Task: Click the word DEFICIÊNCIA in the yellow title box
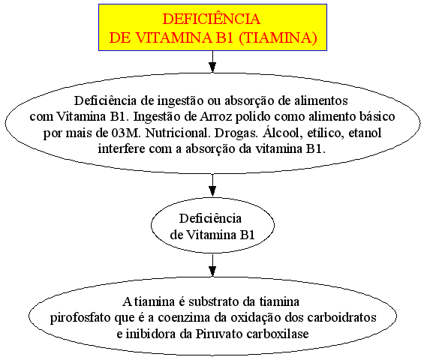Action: pyautogui.click(x=212, y=19)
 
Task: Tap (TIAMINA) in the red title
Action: pyautogui.click(x=278, y=37)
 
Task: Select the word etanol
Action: pyautogui.click(x=365, y=133)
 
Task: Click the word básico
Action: pyautogui.click(x=377, y=116)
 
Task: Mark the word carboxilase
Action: pyautogui.click(x=278, y=334)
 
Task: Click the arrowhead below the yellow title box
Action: pyautogui.click(x=212, y=67)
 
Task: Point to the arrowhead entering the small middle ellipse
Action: pyautogui.click(x=212, y=191)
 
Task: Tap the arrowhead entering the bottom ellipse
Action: pyautogui.click(x=212, y=271)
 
